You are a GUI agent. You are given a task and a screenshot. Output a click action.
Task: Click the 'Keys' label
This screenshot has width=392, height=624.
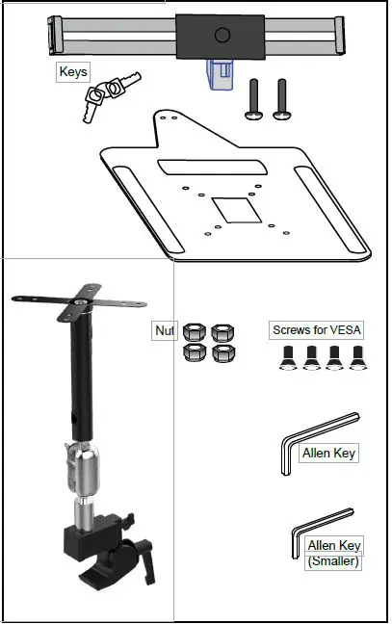73,72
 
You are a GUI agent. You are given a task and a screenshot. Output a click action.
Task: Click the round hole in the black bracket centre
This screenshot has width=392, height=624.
222,36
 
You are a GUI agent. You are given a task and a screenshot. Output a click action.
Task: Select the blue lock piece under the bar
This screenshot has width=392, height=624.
220,71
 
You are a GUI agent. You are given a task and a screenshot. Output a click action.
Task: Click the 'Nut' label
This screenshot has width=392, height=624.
165,330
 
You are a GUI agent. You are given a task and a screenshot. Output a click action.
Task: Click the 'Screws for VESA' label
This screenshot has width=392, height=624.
317,330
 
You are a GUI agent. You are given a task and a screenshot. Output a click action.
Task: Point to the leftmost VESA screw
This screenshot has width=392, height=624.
285,360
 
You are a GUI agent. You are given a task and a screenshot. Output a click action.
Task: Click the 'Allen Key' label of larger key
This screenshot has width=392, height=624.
329,453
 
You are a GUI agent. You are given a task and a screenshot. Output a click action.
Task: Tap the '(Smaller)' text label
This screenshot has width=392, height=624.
333,561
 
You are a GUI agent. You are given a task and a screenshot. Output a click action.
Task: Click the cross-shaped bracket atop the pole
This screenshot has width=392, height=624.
72,302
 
